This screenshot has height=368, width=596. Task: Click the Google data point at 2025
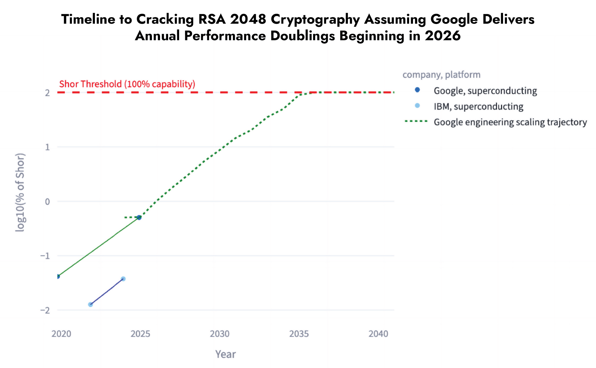pyautogui.click(x=139, y=217)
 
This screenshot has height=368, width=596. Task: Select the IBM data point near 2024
pyautogui.click(x=123, y=279)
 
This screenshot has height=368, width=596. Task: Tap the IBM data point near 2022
pyautogui.click(x=90, y=304)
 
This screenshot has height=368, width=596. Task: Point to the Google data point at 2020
pyautogui.click(x=58, y=276)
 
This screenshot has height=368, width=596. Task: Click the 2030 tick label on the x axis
pyautogui.click(x=220, y=334)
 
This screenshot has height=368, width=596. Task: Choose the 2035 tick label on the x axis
pyautogui.click(x=299, y=334)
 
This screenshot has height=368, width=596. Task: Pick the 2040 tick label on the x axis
pyautogui.click(x=378, y=334)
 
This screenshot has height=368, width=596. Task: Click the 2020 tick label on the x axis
pyautogui.click(x=61, y=334)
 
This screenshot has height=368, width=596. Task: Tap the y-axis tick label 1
pyautogui.click(x=48, y=147)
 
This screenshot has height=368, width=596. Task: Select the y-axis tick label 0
pyautogui.click(x=48, y=202)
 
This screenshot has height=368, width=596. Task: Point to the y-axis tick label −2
pyautogui.click(x=45, y=310)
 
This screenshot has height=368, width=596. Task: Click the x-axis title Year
pyautogui.click(x=225, y=354)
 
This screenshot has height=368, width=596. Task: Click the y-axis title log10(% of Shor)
pyautogui.click(x=20, y=192)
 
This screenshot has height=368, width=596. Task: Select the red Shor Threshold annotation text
pyautogui.click(x=127, y=84)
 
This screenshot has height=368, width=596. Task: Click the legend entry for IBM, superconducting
pyautogui.click(x=478, y=106)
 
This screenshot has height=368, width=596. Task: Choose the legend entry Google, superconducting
pyautogui.click(x=485, y=91)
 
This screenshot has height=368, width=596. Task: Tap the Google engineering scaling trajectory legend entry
pyautogui.click(x=510, y=122)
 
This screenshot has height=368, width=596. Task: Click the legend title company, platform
pyautogui.click(x=441, y=75)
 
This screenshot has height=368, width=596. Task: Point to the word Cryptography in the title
pyautogui.click(x=315, y=19)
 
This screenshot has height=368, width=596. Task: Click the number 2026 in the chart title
pyautogui.click(x=442, y=36)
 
